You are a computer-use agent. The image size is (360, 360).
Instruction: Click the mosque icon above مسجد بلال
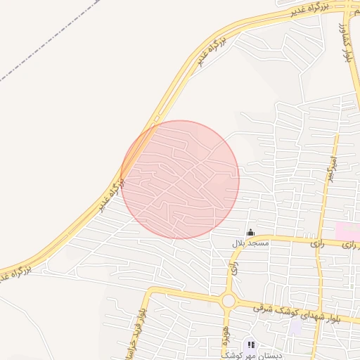pyautogui.click(x=250, y=233)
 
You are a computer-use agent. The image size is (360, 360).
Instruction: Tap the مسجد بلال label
pyautogui.click(x=250, y=243)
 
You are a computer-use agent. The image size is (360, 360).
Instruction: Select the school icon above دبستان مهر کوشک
pyautogui.click(x=251, y=345)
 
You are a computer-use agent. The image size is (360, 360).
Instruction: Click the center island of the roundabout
pyautogui.click(x=229, y=301)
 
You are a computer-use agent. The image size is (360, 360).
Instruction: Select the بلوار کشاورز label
pyautogui.click(x=345, y=42)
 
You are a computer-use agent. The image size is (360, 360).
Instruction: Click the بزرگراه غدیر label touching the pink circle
pyautogui.click(x=112, y=193)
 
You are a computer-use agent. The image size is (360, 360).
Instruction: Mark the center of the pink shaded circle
pyautogui.click(x=180, y=180)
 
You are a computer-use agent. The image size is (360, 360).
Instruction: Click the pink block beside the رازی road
pyautogui.click(x=346, y=230)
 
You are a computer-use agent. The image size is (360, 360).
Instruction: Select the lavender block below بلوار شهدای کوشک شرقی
pyautogui.click(x=296, y=327)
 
